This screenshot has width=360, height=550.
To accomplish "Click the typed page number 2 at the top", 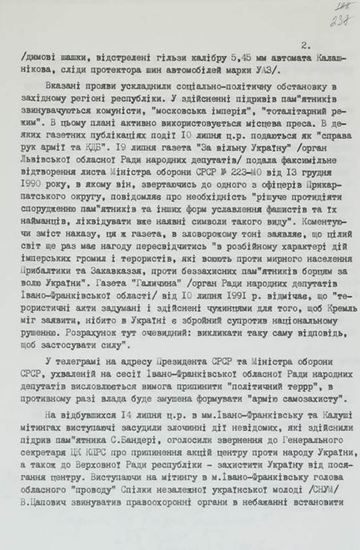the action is click(305, 45).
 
